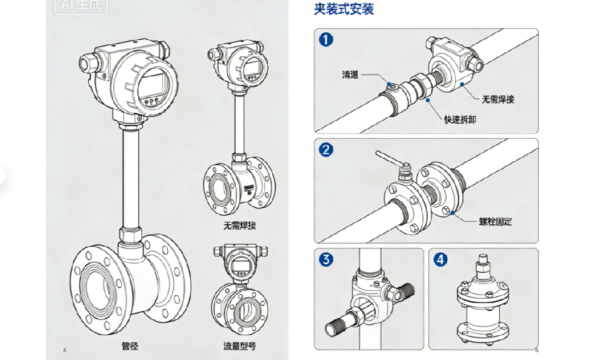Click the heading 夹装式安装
pyautogui.click(x=344, y=9)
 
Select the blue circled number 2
pyautogui.click(x=327, y=150)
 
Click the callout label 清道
pyautogui.click(x=350, y=75)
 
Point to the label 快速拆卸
pyautogui.click(x=460, y=119)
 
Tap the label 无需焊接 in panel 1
pyautogui.click(x=498, y=99)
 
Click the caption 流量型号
pyautogui.click(x=240, y=347)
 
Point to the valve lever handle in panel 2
pyautogui.click(x=388, y=160)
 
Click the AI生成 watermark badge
pyautogui.click(x=81, y=6)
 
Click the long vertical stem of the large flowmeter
pyautogui.click(x=129, y=176)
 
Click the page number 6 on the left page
pyautogui.click(x=64, y=350)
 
